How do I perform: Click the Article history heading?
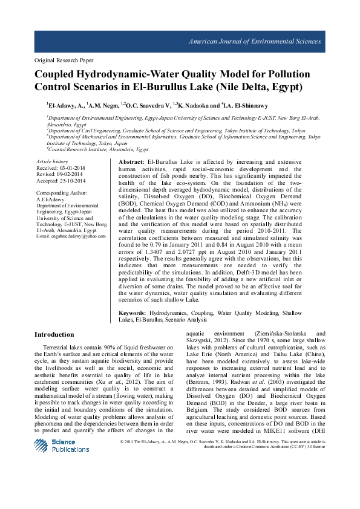(52, 162)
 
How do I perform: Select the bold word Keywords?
(133, 313)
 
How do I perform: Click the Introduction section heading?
(54, 334)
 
